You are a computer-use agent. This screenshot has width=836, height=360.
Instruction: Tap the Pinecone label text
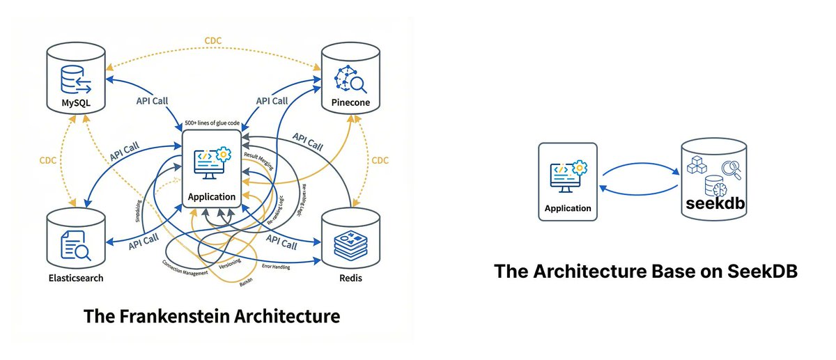click(346, 104)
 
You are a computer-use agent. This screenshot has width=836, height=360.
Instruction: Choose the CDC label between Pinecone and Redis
click(380, 160)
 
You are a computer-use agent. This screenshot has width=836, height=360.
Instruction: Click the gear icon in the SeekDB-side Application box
click(579, 167)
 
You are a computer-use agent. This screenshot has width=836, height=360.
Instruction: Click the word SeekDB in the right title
click(761, 272)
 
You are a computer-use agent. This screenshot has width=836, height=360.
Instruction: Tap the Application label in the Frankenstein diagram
click(212, 196)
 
